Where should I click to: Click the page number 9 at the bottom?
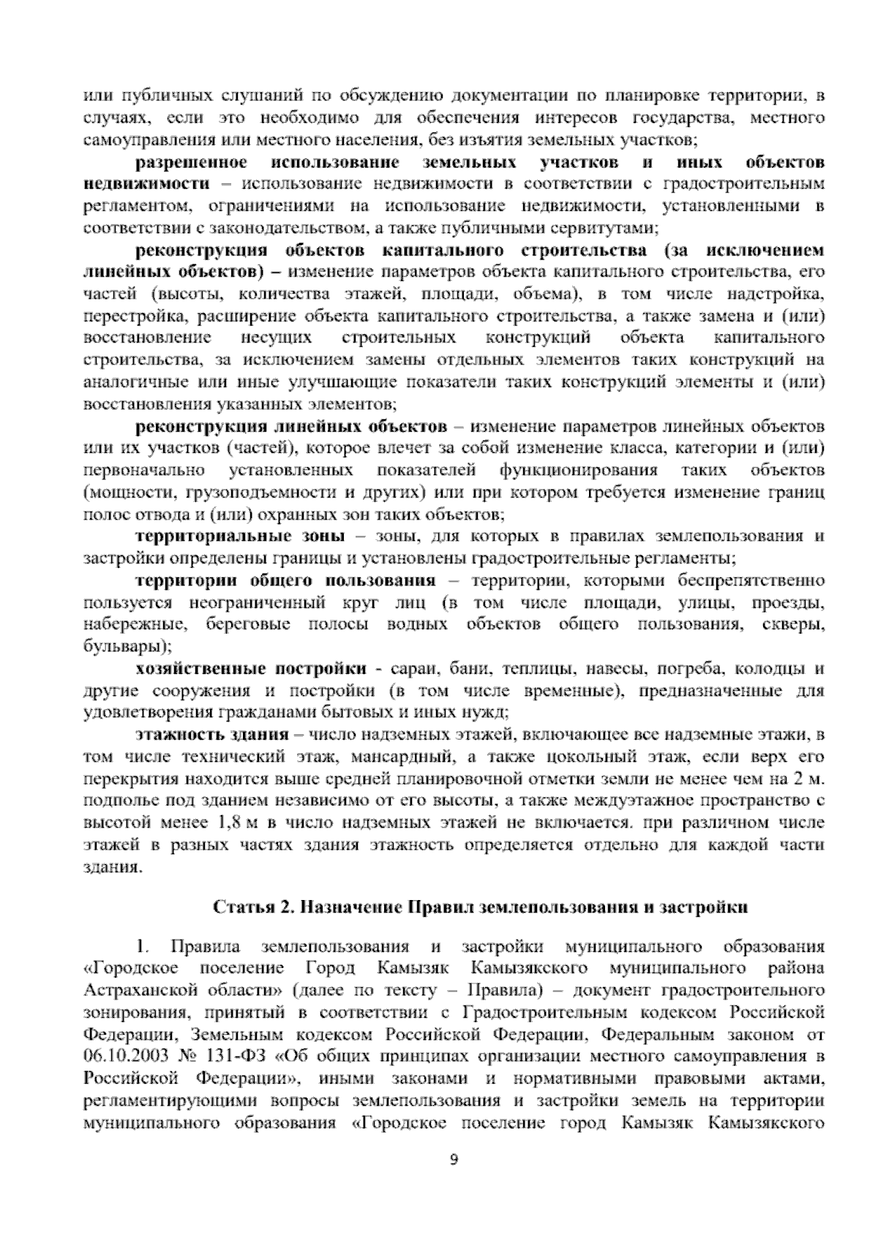[x=453, y=1180]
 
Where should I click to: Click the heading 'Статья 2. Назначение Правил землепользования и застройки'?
[x=481, y=907]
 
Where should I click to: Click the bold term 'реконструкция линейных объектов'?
[x=290, y=427]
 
